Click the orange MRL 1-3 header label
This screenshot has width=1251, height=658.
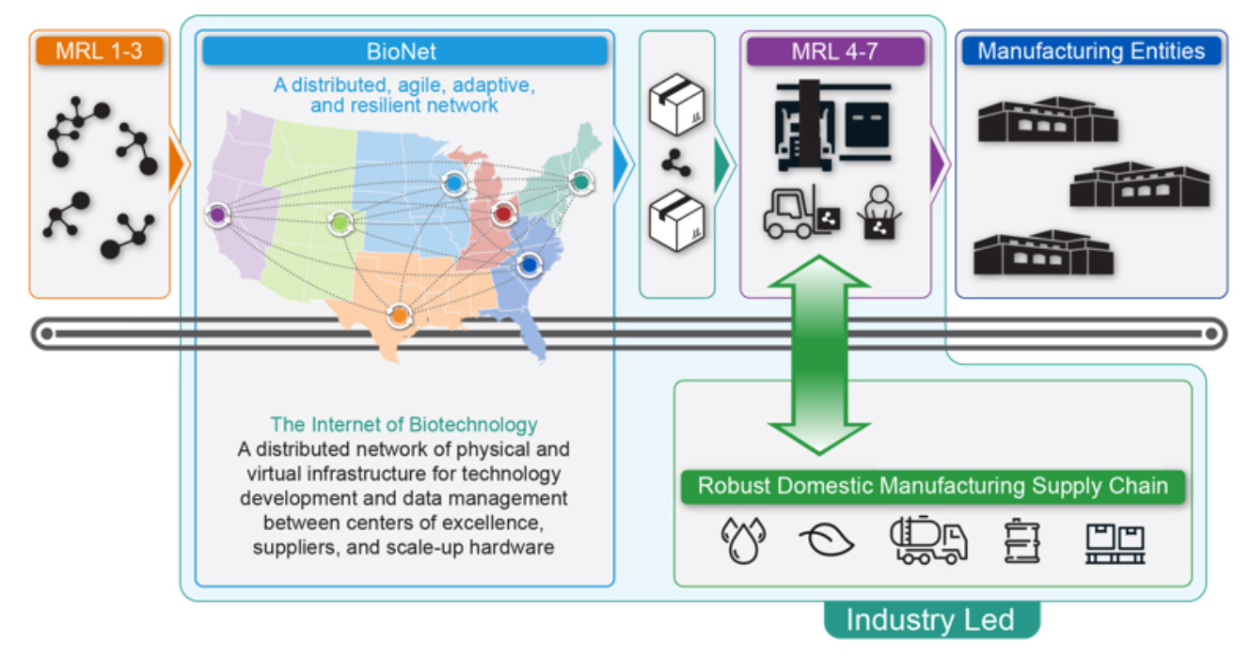[x=99, y=51]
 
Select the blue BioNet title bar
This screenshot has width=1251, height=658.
[x=404, y=51]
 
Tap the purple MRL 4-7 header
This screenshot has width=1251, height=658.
[x=834, y=51]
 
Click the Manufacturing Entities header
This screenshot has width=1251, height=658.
[x=1091, y=51]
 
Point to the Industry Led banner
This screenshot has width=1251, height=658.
[x=930, y=619]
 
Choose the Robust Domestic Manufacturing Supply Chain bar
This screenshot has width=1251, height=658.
[x=932, y=487]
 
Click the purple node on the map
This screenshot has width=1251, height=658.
[x=217, y=214]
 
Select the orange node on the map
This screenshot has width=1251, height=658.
[x=400, y=316]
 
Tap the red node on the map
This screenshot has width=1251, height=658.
[x=503, y=214]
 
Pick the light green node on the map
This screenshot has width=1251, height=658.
[x=340, y=223]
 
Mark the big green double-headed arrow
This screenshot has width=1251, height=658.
[x=819, y=354]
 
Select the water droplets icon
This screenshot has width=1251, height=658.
[x=742, y=540]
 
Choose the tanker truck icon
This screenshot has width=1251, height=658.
[x=927, y=540]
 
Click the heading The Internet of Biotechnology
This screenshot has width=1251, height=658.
[x=404, y=425]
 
